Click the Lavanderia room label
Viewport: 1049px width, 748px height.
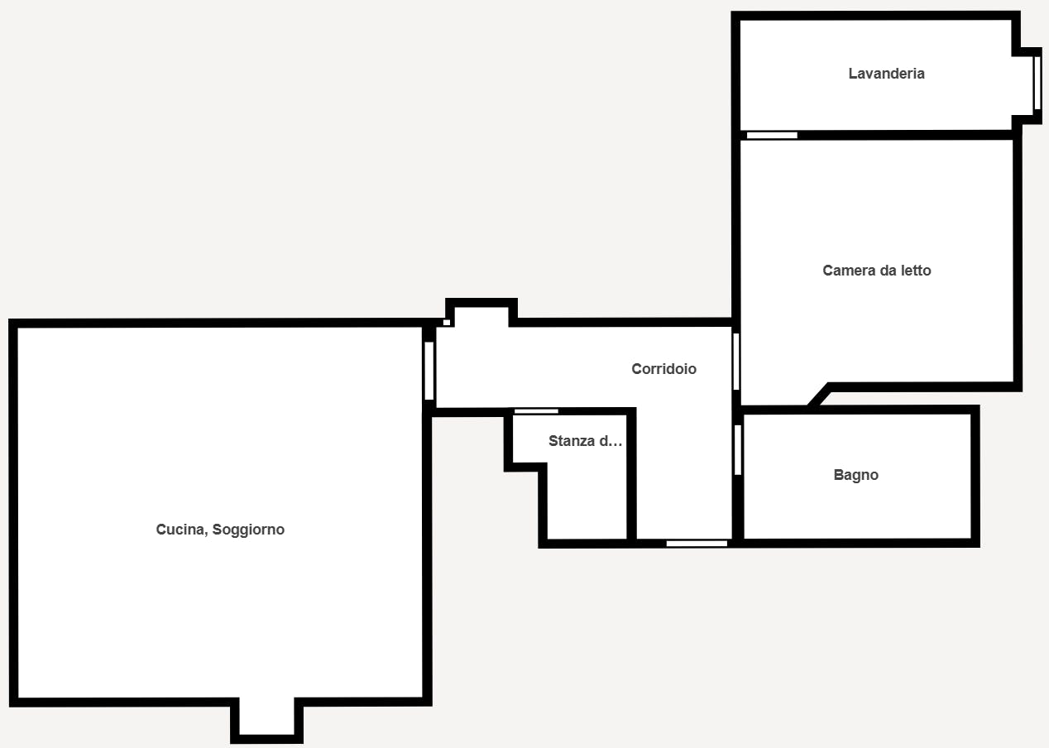point(886,74)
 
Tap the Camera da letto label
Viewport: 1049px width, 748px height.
point(876,271)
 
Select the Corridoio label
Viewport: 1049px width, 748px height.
point(663,369)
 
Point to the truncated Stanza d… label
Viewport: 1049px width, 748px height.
point(585,441)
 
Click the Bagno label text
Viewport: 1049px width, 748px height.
point(855,475)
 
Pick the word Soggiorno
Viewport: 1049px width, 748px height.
point(248,530)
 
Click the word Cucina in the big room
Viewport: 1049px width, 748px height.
point(180,530)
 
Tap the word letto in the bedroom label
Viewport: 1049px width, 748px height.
point(915,271)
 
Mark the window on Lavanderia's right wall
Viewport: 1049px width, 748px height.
point(1037,84)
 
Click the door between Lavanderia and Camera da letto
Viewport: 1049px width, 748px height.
point(772,135)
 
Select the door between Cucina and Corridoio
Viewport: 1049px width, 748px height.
point(429,371)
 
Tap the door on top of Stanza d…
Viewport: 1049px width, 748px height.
point(536,411)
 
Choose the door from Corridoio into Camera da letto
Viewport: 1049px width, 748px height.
point(735,361)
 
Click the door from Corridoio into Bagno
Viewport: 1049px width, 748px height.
point(737,450)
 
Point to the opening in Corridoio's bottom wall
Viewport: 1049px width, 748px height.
point(697,544)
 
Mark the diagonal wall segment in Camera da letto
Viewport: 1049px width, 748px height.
point(818,396)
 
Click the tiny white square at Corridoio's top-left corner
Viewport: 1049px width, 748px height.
point(447,322)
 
